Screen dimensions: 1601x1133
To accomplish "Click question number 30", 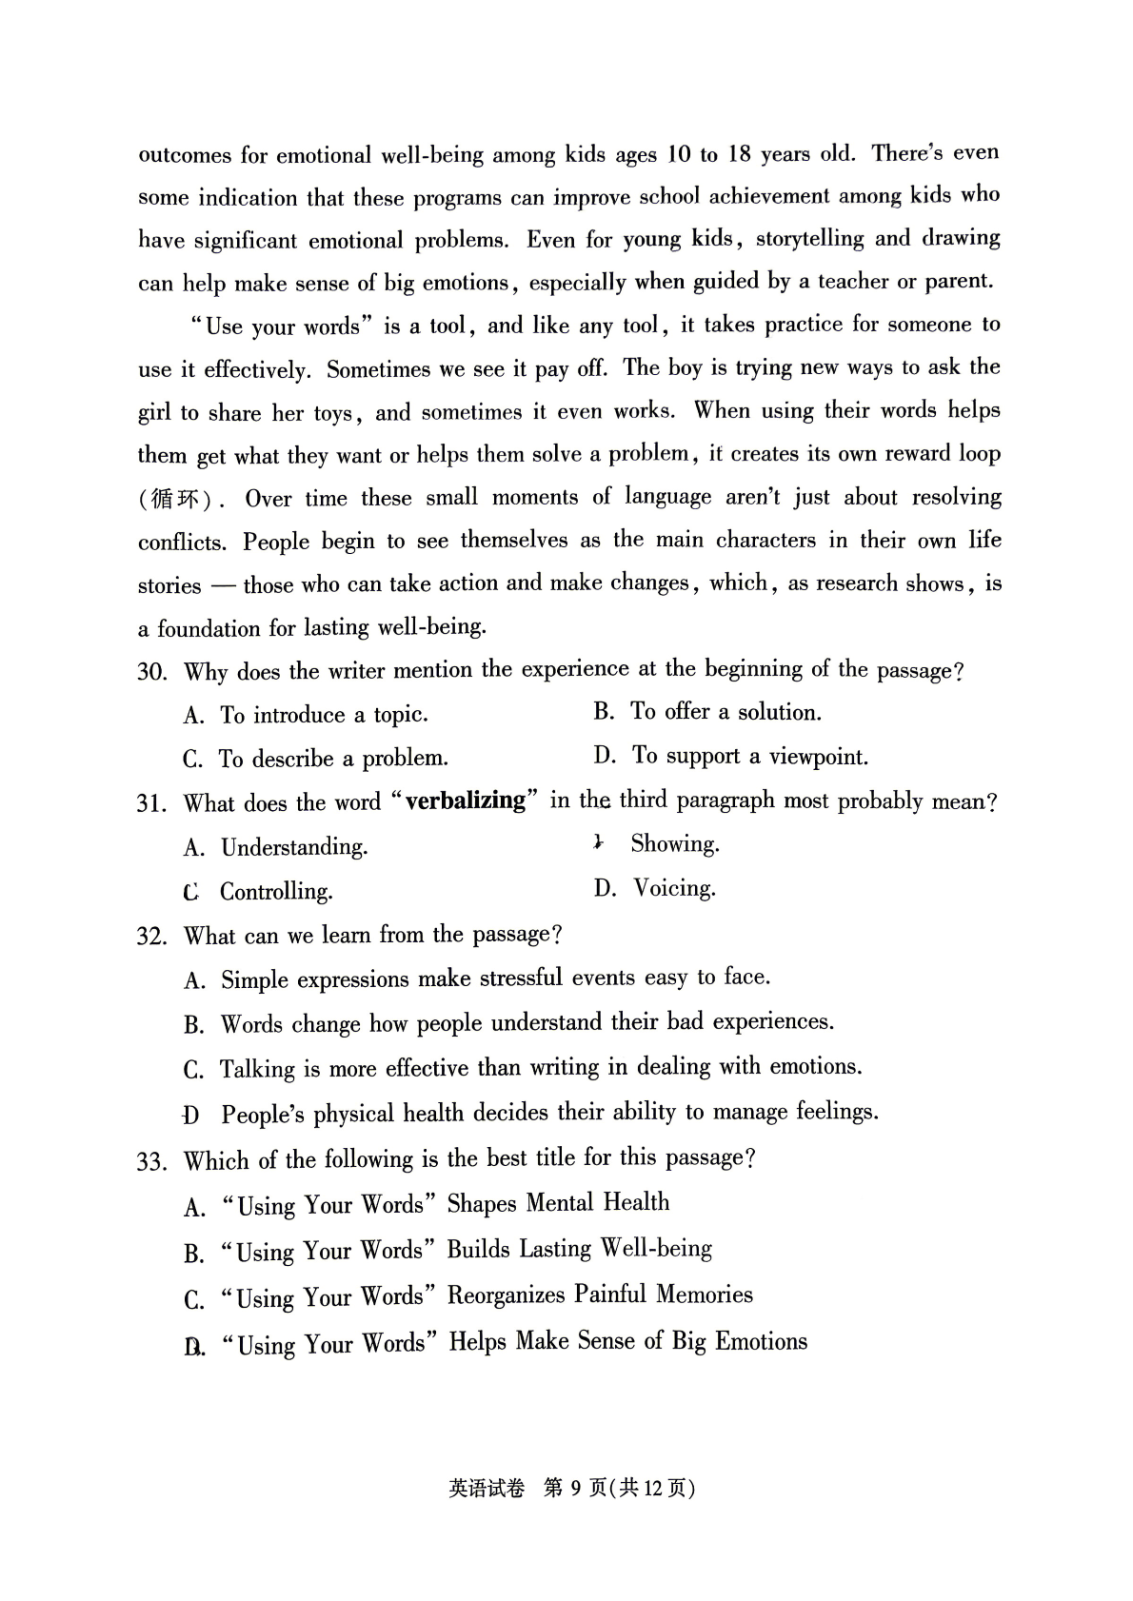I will click(151, 672).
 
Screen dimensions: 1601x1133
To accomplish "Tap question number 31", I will click(151, 803).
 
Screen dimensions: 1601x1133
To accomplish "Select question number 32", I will click(151, 936).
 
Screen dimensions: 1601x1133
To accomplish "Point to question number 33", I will click(151, 1161).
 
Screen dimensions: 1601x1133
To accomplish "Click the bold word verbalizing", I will click(466, 800).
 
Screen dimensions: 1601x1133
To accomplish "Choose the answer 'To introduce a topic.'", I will click(324, 715).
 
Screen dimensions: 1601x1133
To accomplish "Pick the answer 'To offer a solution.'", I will click(726, 712).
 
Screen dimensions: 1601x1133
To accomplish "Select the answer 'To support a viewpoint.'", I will click(750, 757).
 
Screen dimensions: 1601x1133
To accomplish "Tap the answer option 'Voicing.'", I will click(674, 888).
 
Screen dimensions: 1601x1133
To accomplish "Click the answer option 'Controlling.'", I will click(276, 892).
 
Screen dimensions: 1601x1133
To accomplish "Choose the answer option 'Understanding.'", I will click(294, 847).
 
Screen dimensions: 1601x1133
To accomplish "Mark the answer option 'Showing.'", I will click(675, 843).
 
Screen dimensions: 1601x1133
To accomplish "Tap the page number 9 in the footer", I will click(575, 1488).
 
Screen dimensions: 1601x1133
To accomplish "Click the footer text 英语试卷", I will click(486, 1489).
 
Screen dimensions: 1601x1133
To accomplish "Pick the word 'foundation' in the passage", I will click(210, 628).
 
